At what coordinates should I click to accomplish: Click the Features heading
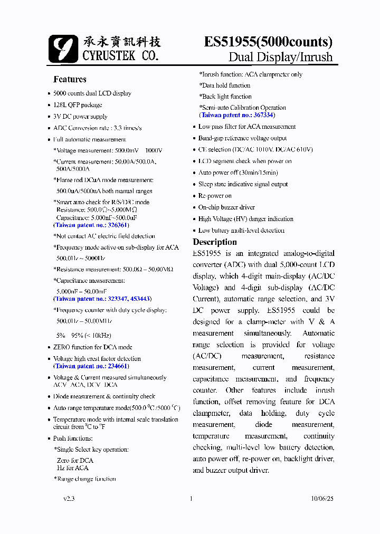point(70,80)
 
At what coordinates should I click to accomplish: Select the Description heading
point(215,242)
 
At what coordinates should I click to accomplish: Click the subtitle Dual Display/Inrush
point(280,57)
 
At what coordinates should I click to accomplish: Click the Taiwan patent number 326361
point(118,225)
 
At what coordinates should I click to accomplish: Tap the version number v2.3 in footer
point(69,499)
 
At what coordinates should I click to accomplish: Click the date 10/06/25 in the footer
point(322,499)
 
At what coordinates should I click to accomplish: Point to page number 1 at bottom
point(191,499)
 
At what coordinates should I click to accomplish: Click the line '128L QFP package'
point(78,105)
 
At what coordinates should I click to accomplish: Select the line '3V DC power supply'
point(80,117)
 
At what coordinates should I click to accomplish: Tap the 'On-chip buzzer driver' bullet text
point(226,207)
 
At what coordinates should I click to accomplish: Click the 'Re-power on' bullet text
point(215,196)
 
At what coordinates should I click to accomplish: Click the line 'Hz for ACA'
point(73,468)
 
